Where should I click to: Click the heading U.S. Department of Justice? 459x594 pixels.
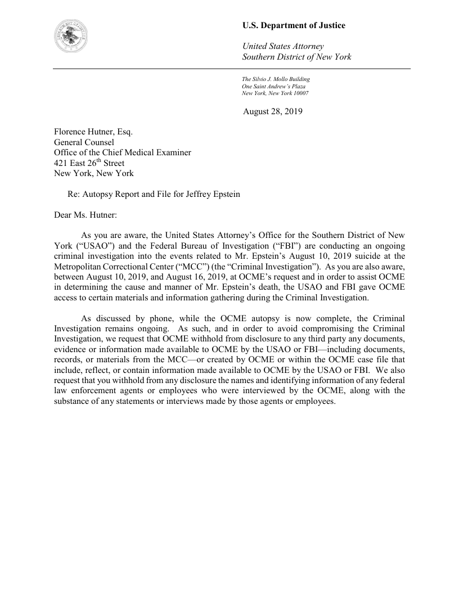tap(294, 26)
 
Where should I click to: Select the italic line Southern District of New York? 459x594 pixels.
tap(296, 57)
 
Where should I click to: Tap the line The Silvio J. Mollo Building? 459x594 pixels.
tap(276, 79)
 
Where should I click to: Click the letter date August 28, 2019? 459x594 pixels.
tap(272, 111)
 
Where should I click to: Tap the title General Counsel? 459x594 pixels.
tap(84, 143)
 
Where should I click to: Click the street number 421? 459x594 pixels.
tap(61, 164)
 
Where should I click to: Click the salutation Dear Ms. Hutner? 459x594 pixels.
tap(85, 214)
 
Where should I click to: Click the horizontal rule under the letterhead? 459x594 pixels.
tap(232, 69)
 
